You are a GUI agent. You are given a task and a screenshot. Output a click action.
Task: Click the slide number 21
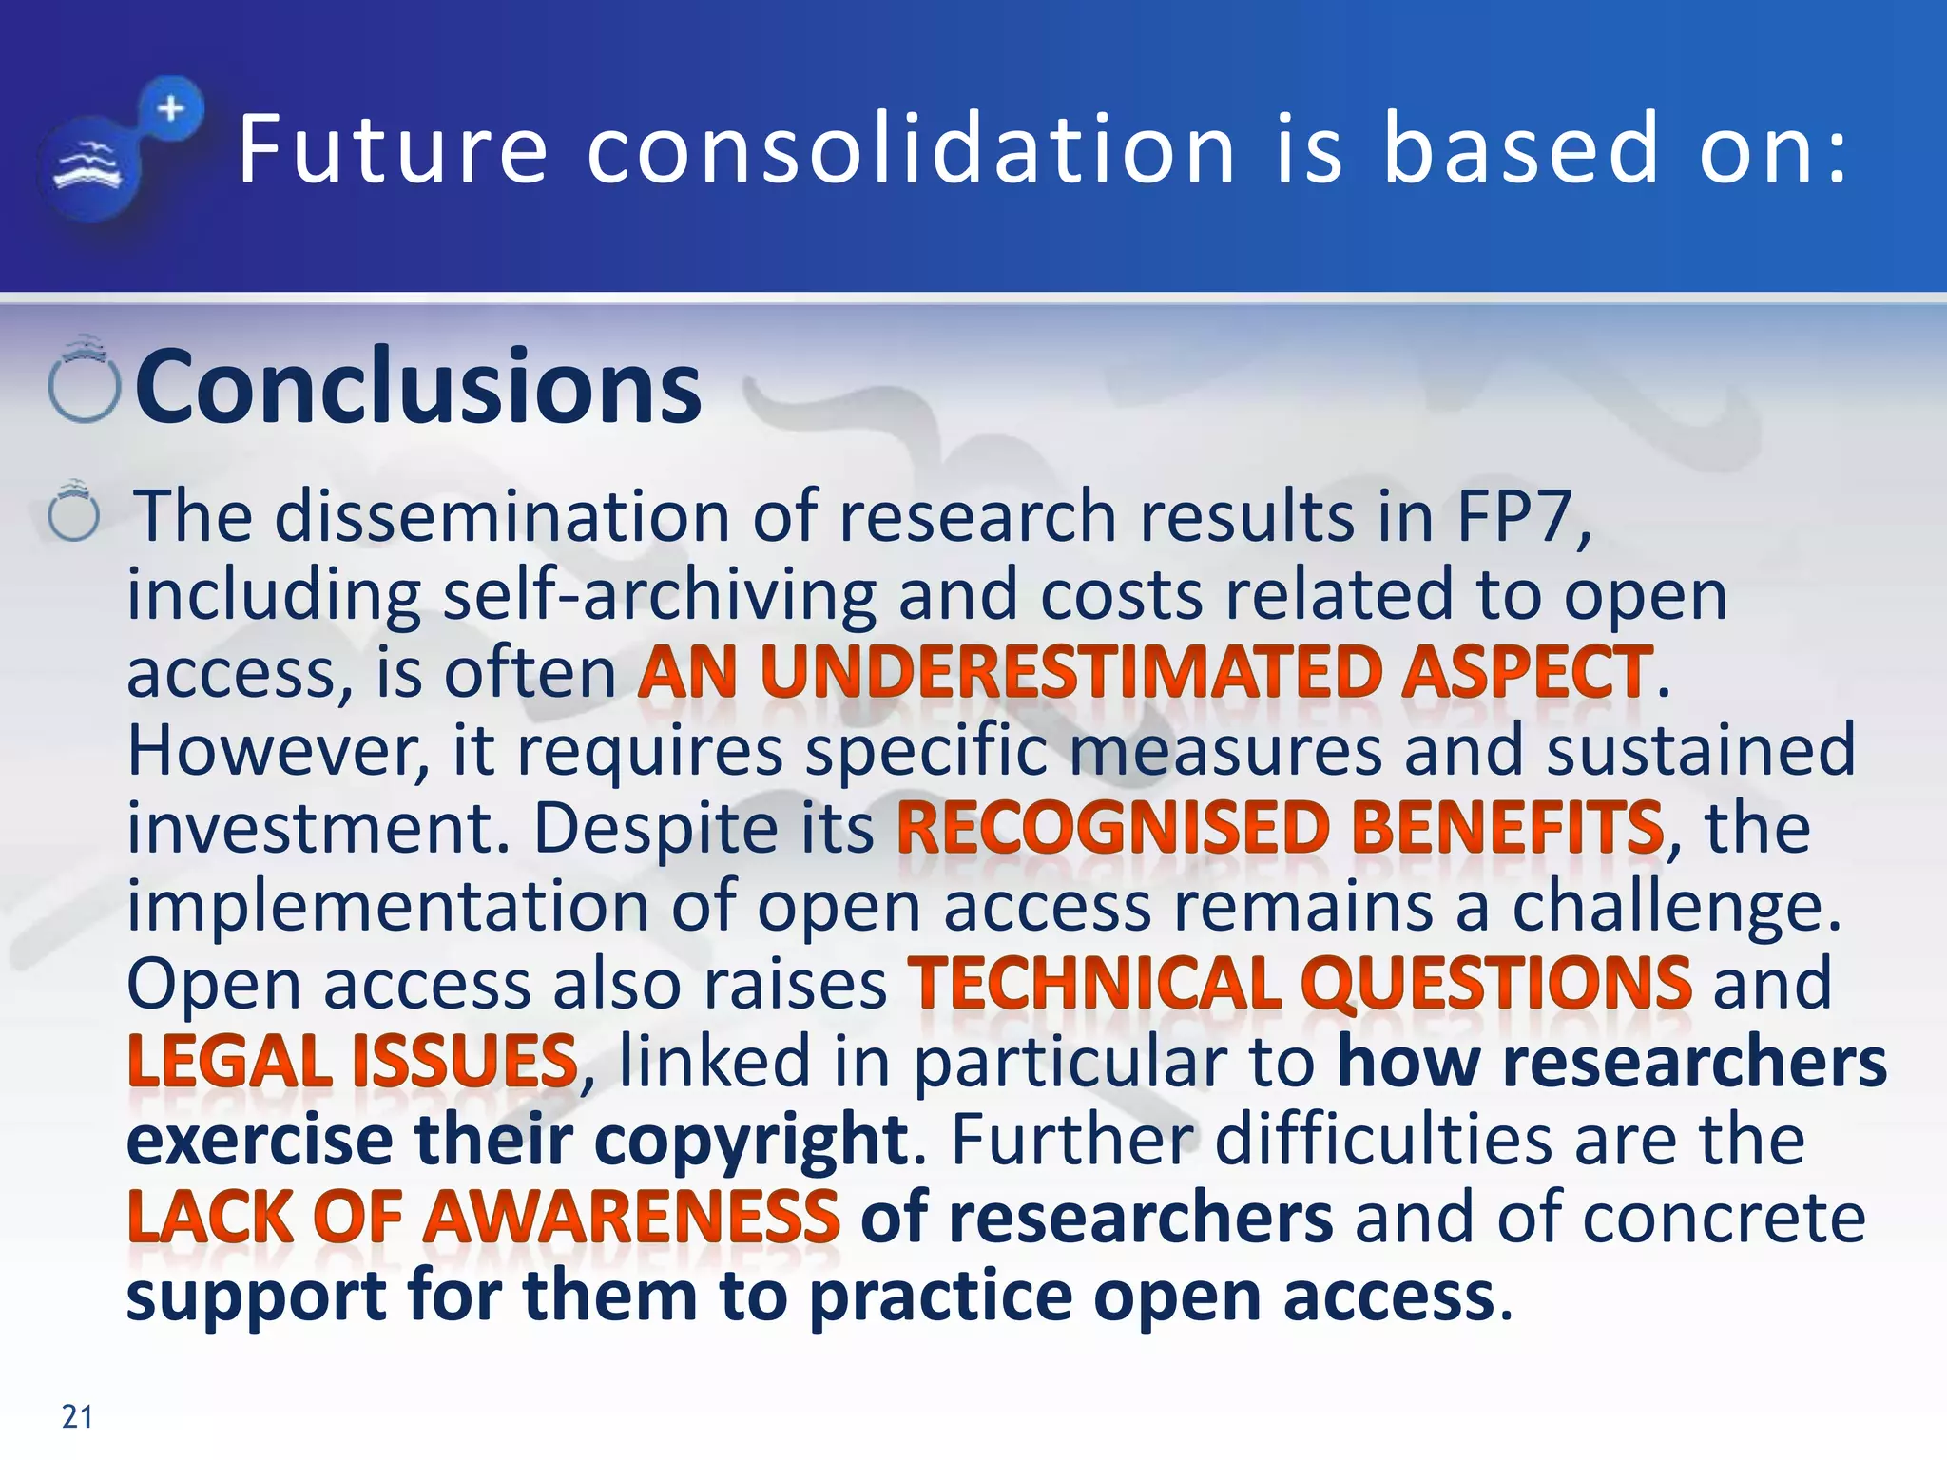point(77,1416)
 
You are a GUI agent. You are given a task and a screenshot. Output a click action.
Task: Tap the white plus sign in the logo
point(171,109)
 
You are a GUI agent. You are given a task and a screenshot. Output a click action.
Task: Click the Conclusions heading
point(418,387)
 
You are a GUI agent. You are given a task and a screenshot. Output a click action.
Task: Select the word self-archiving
point(659,595)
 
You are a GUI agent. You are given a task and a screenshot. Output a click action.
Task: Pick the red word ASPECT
point(1527,672)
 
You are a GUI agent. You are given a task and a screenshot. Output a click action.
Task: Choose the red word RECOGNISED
point(1112,828)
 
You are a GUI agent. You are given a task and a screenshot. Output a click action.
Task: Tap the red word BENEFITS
point(1508,828)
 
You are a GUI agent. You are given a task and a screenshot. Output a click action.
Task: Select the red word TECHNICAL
point(1094,983)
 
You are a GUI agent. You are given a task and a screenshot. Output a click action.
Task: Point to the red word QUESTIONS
point(1496,983)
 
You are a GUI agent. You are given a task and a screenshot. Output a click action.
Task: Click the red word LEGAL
point(229,1061)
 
